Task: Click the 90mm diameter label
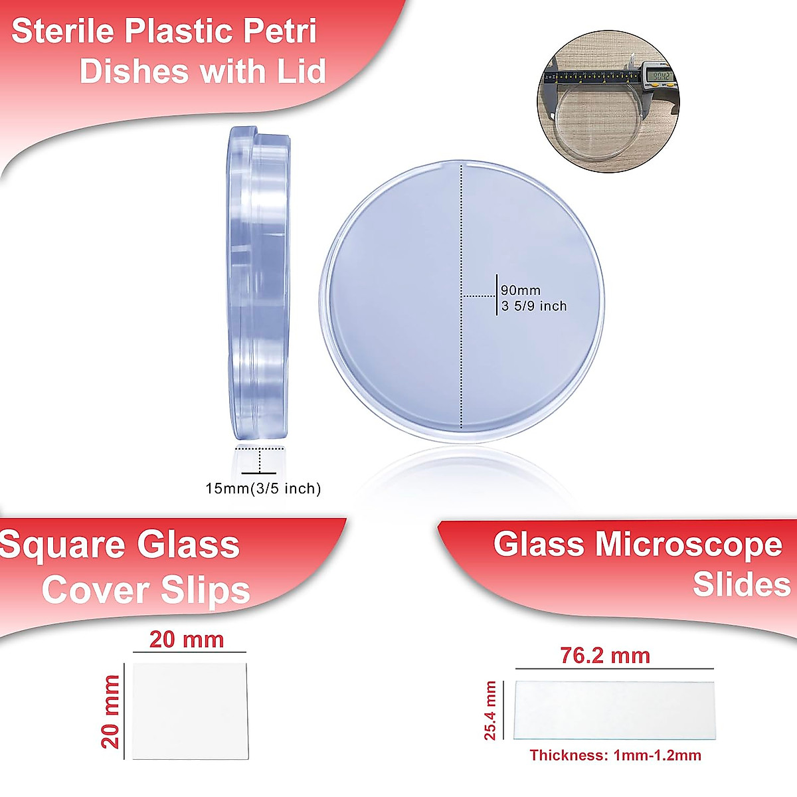pos(521,290)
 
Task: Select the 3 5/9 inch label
pos(535,306)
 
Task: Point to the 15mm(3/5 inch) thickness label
pos(263,489)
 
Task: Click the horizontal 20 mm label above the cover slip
pos(187,640)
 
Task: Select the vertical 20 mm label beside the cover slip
pos(111,711)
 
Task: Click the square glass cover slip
pos(190,711)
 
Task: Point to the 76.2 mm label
pos(605,656)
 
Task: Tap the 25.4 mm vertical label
pos(491,710)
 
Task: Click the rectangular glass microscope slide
pos(614,710)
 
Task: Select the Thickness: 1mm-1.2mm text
pos(615,755)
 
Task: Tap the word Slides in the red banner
pos(741,584)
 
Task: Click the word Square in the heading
pos(63,546)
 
